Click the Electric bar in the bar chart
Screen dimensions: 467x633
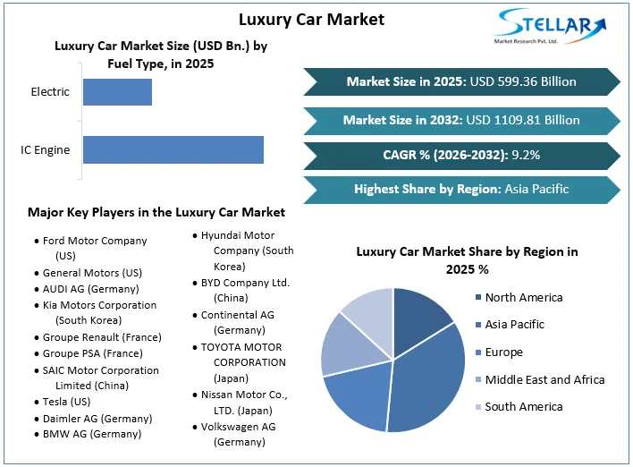(117, 92)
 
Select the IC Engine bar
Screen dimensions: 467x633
(173, 149)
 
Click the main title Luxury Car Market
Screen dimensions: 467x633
(312, 19)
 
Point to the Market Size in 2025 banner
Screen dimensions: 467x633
(461, 81)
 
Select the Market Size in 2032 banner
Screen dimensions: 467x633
(461, 119)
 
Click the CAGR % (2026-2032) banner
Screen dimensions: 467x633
(461, 155)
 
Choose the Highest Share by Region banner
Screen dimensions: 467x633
(461, 189)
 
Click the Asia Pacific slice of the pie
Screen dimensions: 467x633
(427, 376)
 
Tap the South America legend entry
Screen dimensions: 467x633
(524, 406)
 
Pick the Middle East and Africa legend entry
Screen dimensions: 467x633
(544, 379)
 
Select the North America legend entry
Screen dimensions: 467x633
(524, 297)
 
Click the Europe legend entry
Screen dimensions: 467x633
(504, 352)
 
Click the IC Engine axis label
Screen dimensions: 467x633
(46, 149)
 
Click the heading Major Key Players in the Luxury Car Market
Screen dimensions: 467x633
(156, 212)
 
